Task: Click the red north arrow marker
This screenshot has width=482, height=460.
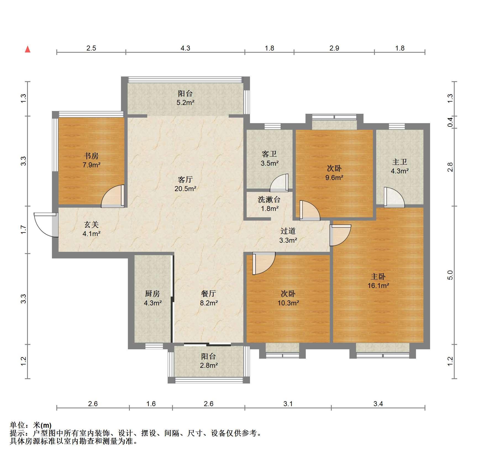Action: pos(28,49)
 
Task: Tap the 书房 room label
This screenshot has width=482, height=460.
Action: pos(91,156)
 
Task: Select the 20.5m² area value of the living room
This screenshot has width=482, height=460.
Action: pos(185,189)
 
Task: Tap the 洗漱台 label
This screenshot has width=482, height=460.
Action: pos(269,199)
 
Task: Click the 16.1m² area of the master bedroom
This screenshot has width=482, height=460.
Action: pos(378,286)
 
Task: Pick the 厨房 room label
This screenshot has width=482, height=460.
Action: pos(152,294)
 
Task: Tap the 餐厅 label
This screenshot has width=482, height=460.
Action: pos(209,294)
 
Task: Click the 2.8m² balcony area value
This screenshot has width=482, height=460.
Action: pos(209,366)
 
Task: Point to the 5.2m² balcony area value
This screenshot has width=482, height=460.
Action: pos(186,103)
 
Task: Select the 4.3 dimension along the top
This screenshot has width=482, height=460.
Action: pos(185,48)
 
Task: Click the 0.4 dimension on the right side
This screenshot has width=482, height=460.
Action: pos(450,122)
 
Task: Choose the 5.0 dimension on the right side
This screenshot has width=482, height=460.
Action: pos(450,275)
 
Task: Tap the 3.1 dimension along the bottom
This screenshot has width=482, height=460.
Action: pos(288,404)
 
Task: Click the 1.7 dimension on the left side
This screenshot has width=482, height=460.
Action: pos(23,230)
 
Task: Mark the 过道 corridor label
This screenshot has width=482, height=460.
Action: pos(288,231)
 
